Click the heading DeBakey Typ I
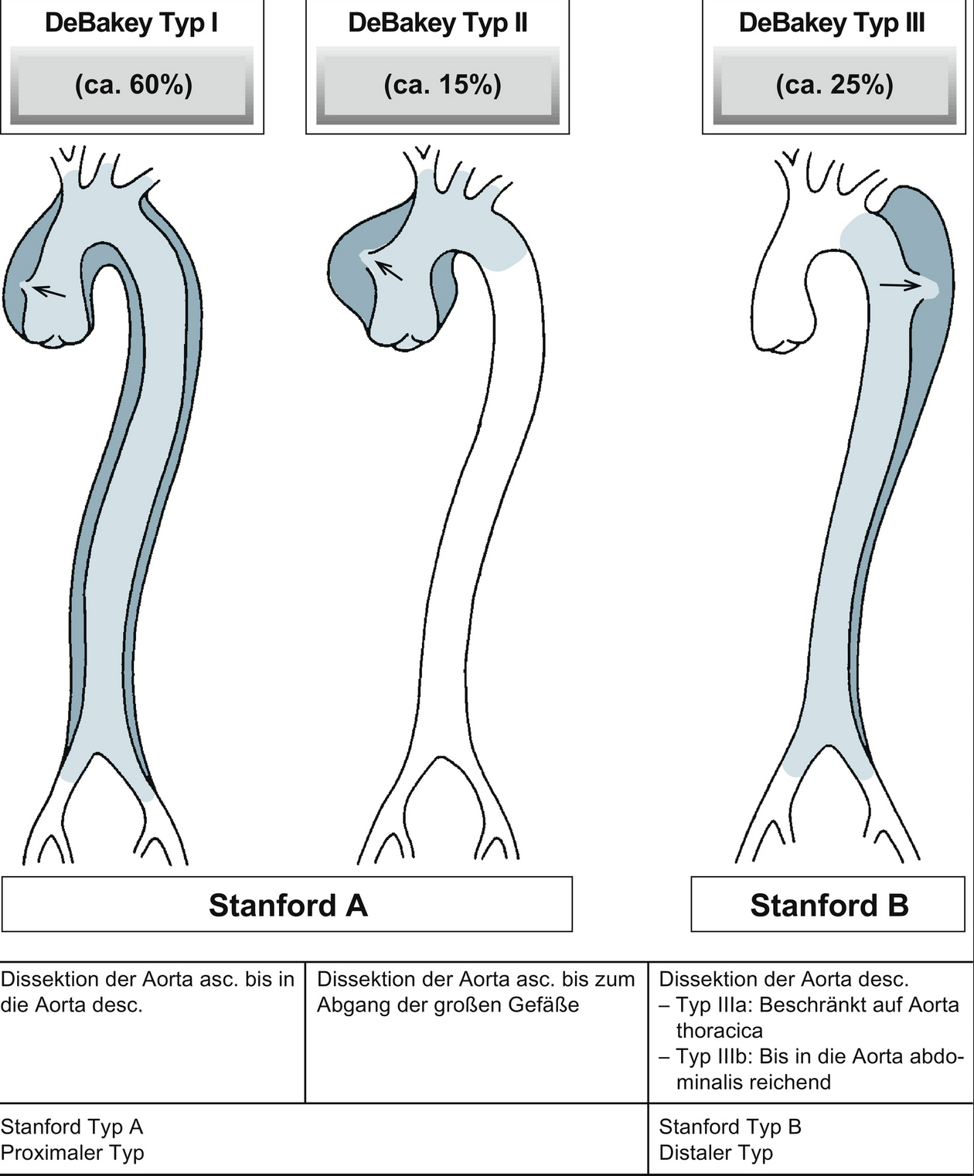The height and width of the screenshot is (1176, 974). click(131, 23)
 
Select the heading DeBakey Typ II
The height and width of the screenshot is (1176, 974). click(438, 23)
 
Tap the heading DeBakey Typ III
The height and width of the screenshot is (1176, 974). click(831, 23)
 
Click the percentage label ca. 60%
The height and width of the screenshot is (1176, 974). click(133, 84)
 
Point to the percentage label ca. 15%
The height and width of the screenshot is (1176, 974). click(442, 84)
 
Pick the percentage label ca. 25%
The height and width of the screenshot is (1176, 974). click(834, 84)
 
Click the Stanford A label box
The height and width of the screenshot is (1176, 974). click(288, 905)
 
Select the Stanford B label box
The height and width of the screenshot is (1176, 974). click(829, 905)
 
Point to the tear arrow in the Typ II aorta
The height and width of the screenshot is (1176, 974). click(389, 269)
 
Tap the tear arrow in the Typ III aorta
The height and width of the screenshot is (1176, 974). click(901, 284)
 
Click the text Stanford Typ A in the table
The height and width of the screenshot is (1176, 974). click(72, 1127)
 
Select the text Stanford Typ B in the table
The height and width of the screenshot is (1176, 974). click(730, 1127)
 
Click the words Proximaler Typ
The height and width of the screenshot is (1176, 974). click(72, 1153)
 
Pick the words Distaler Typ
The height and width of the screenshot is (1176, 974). click(716, 1153)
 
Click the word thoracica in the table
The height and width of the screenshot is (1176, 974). click(719, 1031)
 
